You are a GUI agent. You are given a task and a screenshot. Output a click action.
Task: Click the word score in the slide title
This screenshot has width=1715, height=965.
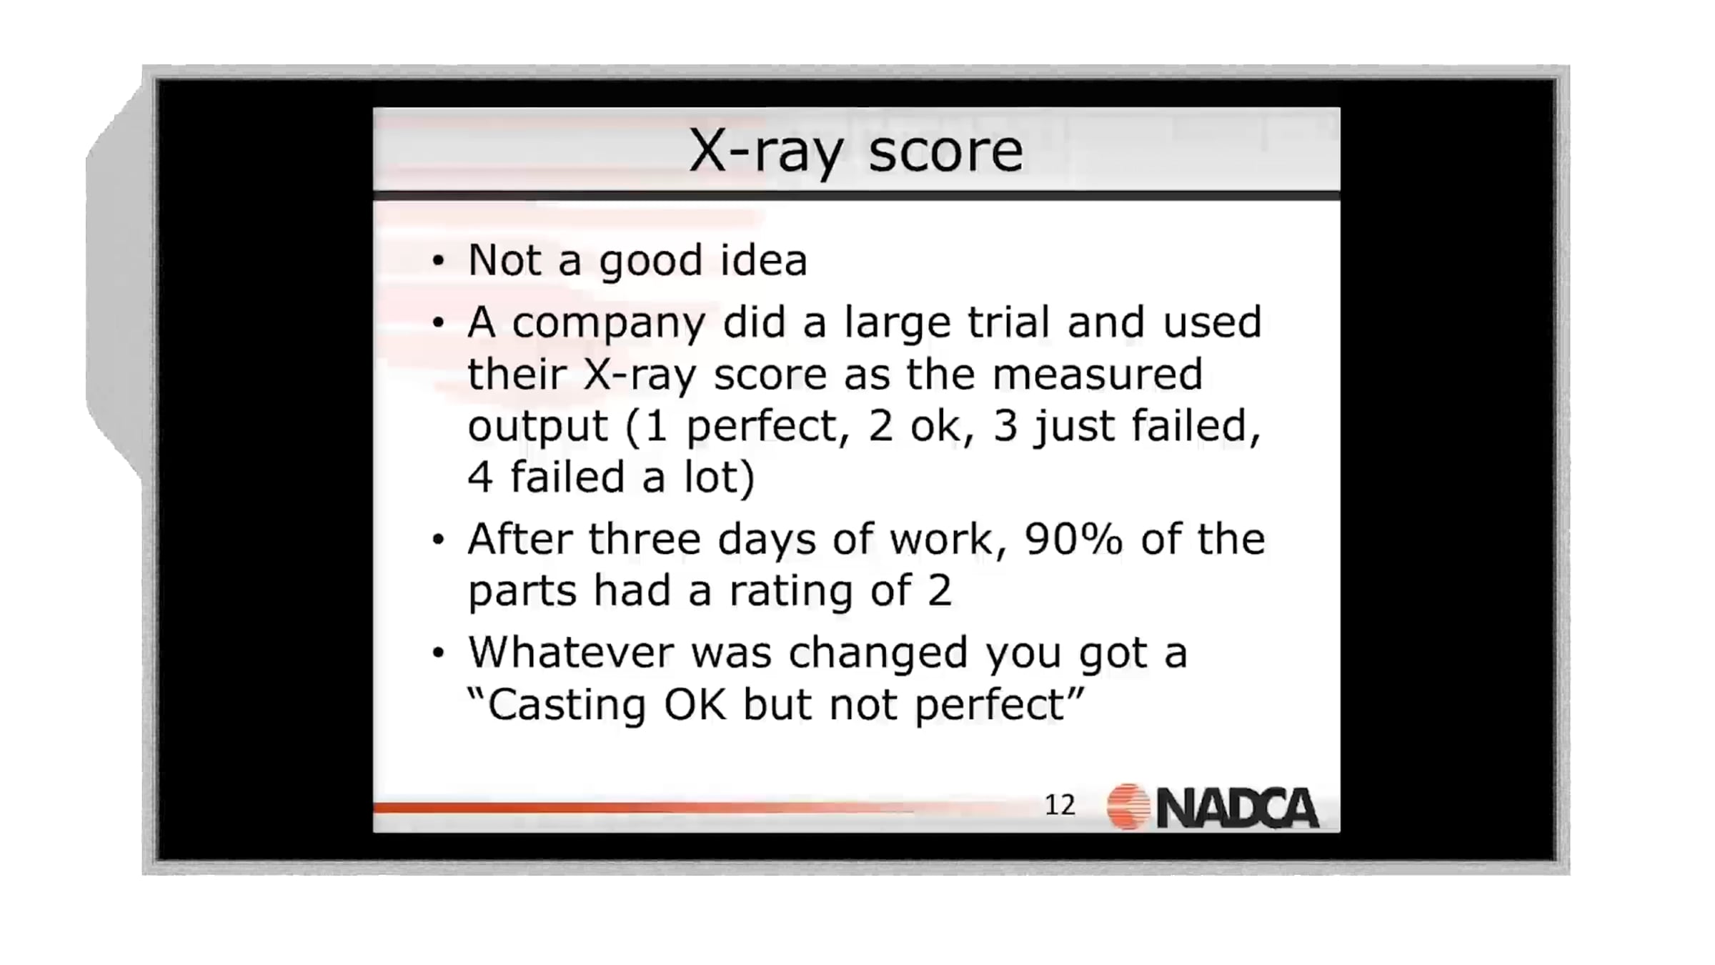pos(945,152)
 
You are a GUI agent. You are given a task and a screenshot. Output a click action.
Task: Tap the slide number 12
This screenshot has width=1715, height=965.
pos(1060,806)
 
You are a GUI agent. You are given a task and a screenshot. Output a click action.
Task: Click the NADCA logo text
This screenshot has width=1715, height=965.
pos(1237,808)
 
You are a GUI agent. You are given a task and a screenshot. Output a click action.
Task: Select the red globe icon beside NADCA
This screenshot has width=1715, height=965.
pos(1128,807)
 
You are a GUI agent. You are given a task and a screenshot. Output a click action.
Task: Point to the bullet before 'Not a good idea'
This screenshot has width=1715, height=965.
pos(438,261)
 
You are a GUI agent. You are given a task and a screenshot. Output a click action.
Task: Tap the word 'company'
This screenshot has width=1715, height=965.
pos(608,325)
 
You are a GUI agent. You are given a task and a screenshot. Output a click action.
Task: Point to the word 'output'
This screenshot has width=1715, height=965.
pos(537,427)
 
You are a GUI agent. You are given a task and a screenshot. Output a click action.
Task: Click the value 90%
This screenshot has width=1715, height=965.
pos(1074,539)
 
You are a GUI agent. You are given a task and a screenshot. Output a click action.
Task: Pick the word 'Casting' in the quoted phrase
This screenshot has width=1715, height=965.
pos(567,707)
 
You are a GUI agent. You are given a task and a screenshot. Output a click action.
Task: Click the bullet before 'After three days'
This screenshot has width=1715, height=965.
pos(438,540)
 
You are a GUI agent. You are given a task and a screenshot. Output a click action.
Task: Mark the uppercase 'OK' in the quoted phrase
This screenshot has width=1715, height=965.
pos(695,705)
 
